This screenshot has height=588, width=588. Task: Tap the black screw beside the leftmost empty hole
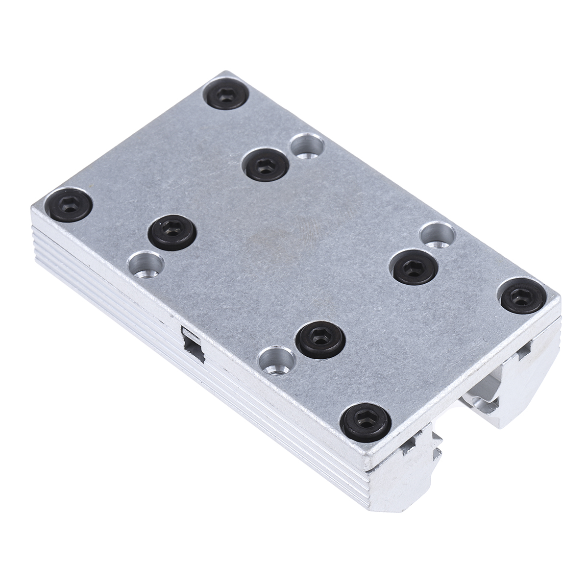click(x=171, y=231)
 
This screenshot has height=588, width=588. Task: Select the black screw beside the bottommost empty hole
click(x=322, y=339)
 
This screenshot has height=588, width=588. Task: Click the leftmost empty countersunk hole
click(x=145, y=265)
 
